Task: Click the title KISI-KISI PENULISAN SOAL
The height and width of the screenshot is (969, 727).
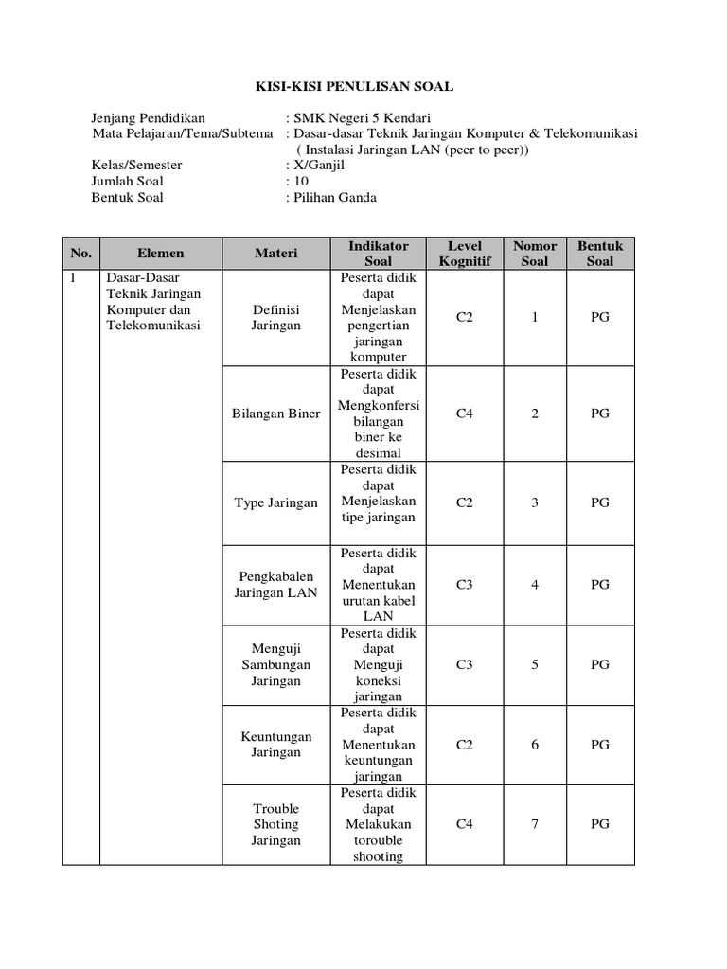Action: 355,87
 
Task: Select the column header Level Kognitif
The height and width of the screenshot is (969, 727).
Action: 464,254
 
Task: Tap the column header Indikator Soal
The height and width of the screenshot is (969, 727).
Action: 379,254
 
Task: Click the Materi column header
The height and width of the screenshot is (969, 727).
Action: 275,254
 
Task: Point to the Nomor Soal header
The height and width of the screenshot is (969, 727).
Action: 535,254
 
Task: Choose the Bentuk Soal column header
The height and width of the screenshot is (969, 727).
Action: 600,254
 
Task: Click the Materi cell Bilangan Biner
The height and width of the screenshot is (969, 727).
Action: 275,414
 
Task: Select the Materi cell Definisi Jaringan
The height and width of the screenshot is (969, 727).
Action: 275,318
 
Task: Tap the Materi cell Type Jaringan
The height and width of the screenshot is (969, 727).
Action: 275,502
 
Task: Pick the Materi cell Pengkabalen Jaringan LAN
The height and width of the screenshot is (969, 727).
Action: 275,585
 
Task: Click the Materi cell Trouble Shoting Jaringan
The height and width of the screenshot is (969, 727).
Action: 275,824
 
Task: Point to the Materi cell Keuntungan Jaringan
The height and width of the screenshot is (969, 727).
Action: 275,745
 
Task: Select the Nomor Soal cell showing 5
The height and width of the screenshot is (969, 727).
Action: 535,664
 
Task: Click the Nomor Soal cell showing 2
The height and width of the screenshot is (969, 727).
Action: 535,414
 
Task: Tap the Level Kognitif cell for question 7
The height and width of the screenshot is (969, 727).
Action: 464,824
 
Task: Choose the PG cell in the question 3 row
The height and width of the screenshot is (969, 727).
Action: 600,502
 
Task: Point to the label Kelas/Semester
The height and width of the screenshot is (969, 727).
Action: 136,166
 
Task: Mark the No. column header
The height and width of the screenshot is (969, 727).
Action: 80,254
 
